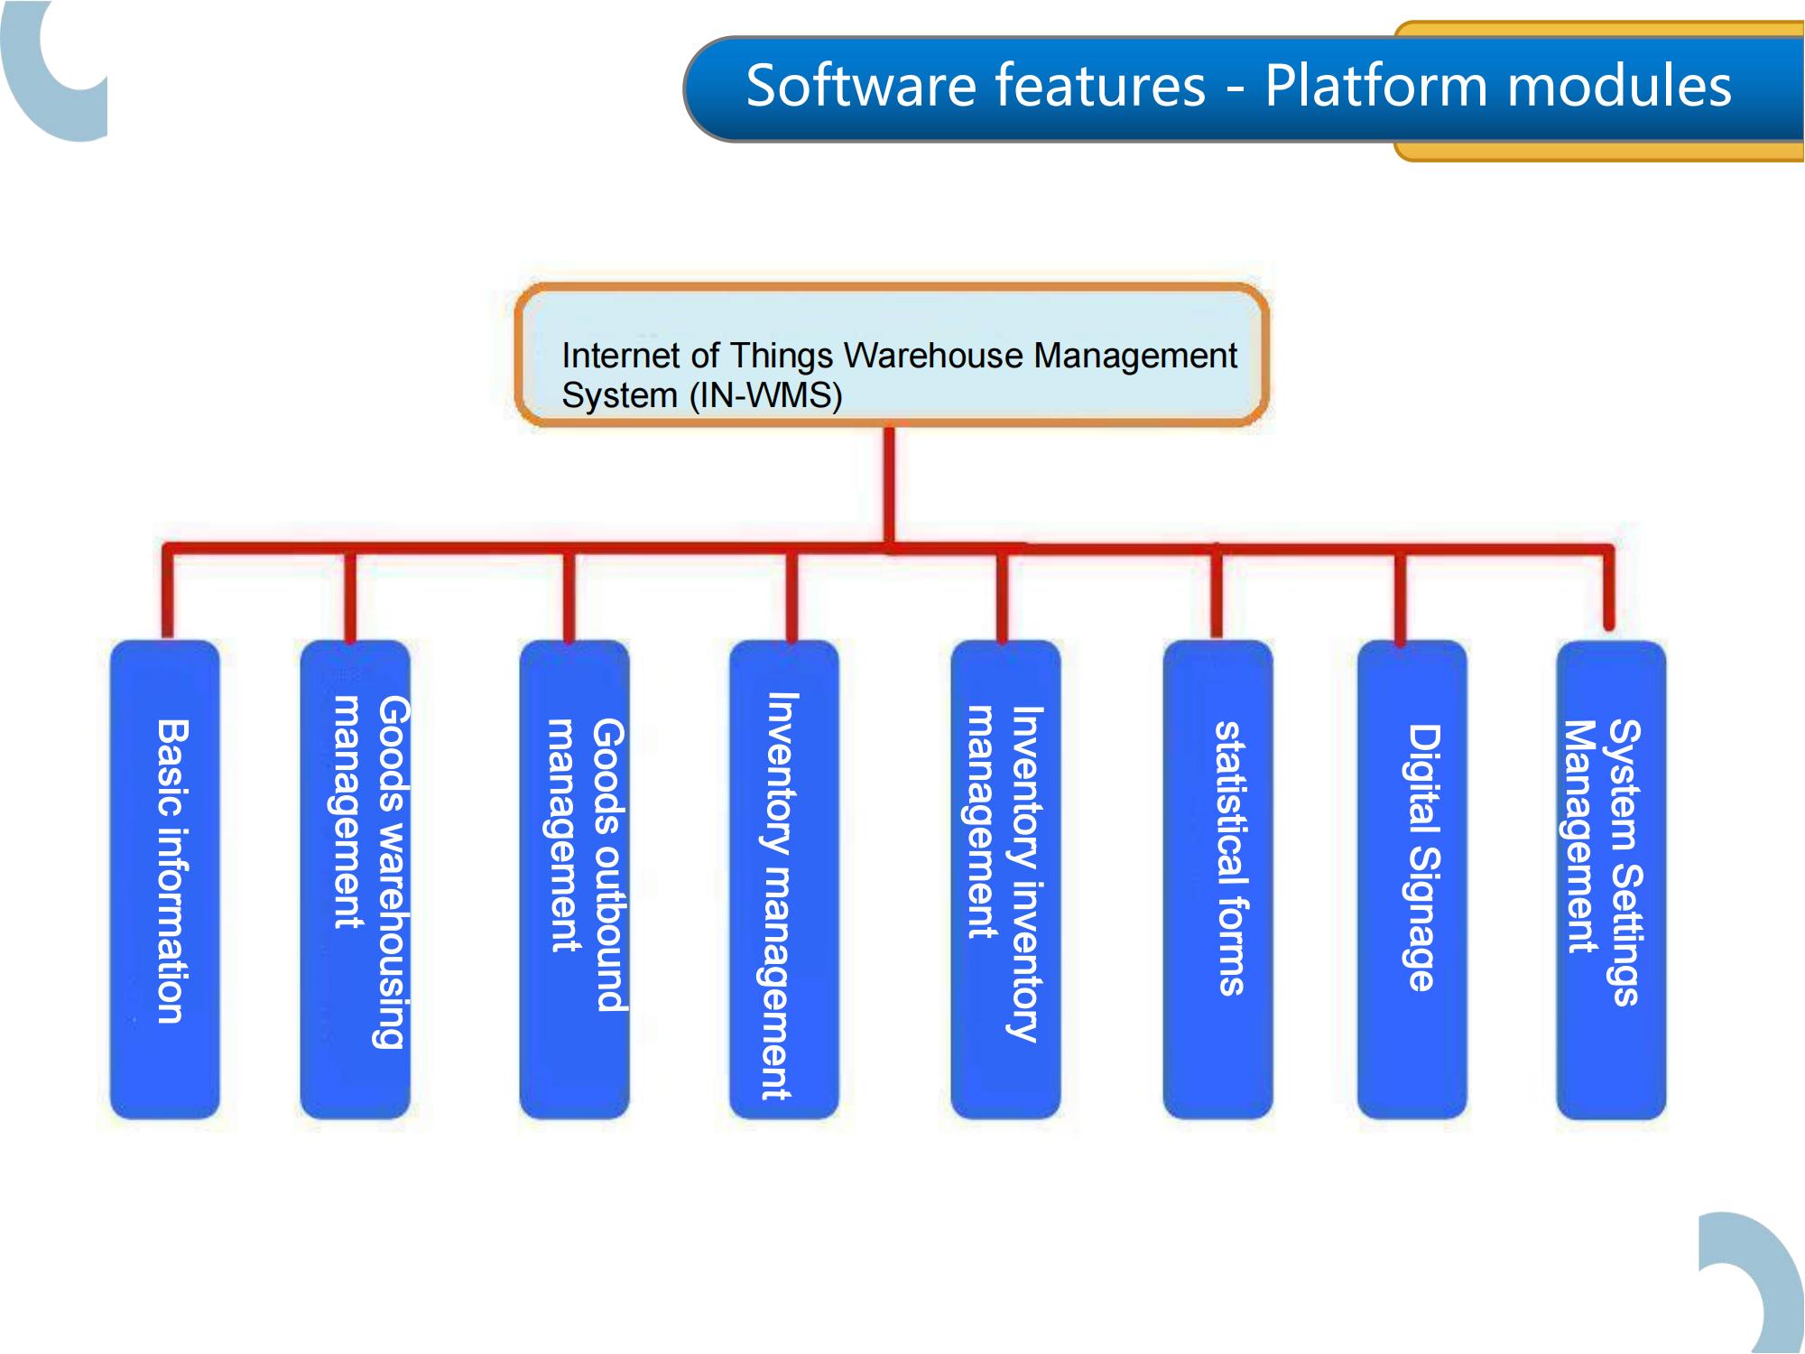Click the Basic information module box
tap(165, 880)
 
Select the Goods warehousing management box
tap(356, 880)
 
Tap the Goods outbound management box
tap(574, 880)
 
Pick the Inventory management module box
tap(784, 880)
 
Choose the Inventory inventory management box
tap(1005, 880)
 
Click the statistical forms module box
tap(1217, 880)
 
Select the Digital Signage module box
tap(1412, 880)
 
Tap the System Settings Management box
tap(1612, 880)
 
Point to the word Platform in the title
tap(1377, 86)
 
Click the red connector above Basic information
tap(168, 591)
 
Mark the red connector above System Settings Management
tap(1608, 587)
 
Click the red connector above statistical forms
tap(1217, 591)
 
